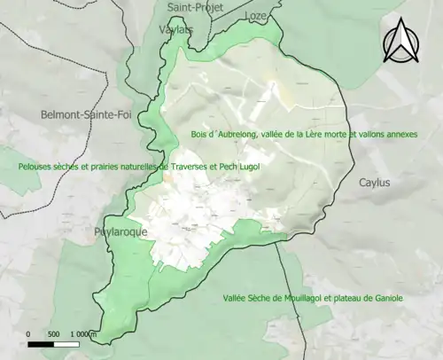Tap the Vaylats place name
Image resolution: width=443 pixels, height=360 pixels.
175,28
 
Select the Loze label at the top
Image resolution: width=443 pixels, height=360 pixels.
254,16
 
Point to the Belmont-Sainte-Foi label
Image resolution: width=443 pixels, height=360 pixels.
85,114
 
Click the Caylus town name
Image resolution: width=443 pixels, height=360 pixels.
374,182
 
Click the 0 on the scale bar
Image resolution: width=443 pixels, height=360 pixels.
28,334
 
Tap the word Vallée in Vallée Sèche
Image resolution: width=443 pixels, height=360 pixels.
237,299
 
